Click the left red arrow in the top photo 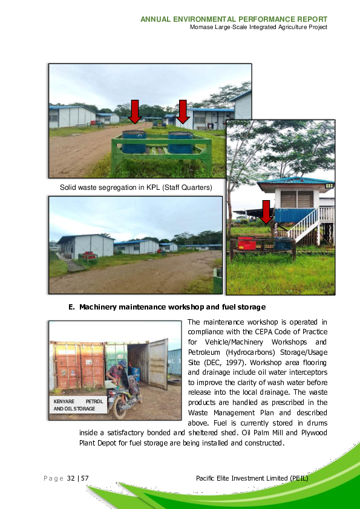[135, 111]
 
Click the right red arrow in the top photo [183, 111]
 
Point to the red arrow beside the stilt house [266, 212]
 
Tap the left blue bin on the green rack [134, 142]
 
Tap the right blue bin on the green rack [180, 142]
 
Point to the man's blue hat [122, 364]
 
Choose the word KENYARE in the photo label [64, 401]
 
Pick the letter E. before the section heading [71, 307]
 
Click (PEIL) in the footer [298, 479]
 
